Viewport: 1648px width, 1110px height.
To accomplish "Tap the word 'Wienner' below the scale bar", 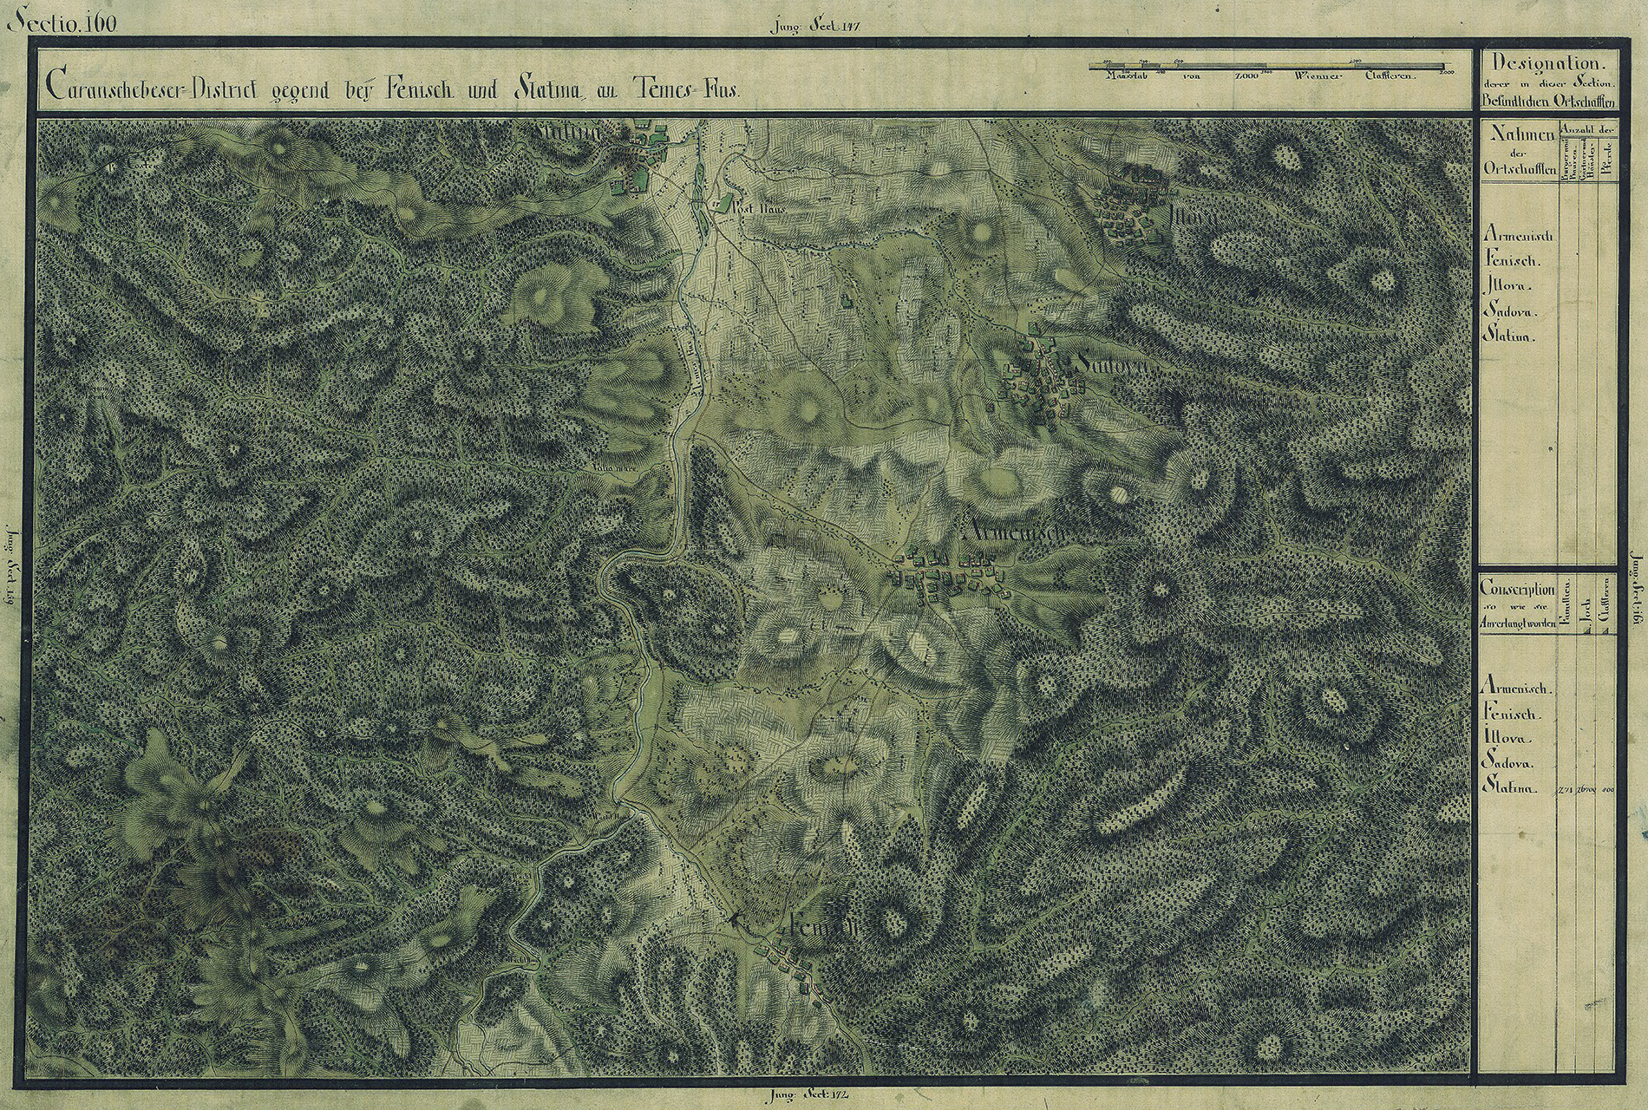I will tap(1318, 77).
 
